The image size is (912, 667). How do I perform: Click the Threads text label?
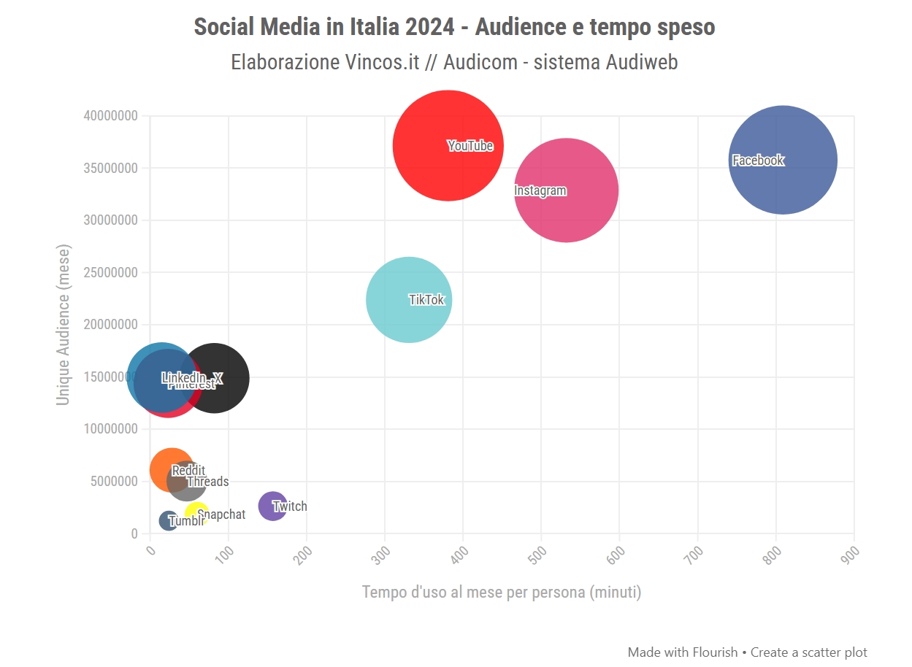point(208,482)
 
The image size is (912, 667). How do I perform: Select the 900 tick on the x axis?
point(851,552)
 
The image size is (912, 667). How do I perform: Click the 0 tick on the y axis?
point(134,533)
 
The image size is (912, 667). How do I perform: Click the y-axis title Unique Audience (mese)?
point(64,324)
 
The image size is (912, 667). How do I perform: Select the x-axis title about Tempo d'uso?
point(502,592)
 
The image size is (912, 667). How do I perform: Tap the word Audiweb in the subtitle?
point(641,62)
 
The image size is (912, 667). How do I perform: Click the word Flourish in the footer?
point(715,652)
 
